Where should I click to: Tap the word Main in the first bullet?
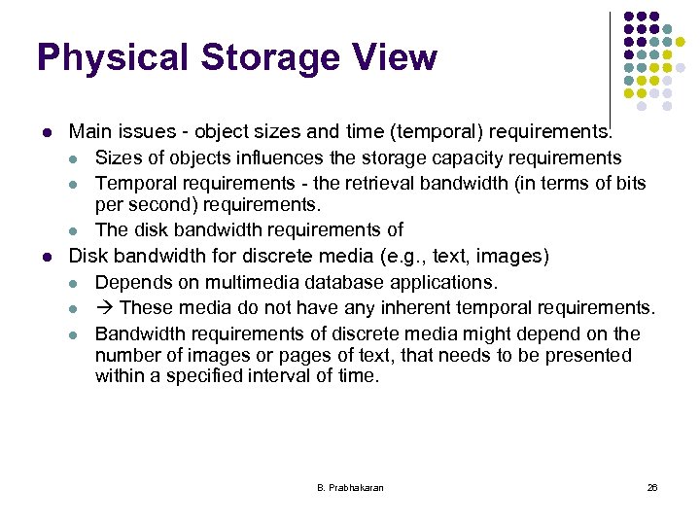point(90,131)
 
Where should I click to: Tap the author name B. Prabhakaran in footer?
point(350,487)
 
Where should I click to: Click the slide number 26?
point(651,487)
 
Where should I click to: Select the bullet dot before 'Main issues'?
point(45,131)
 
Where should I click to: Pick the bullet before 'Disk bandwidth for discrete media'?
point(45,257)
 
